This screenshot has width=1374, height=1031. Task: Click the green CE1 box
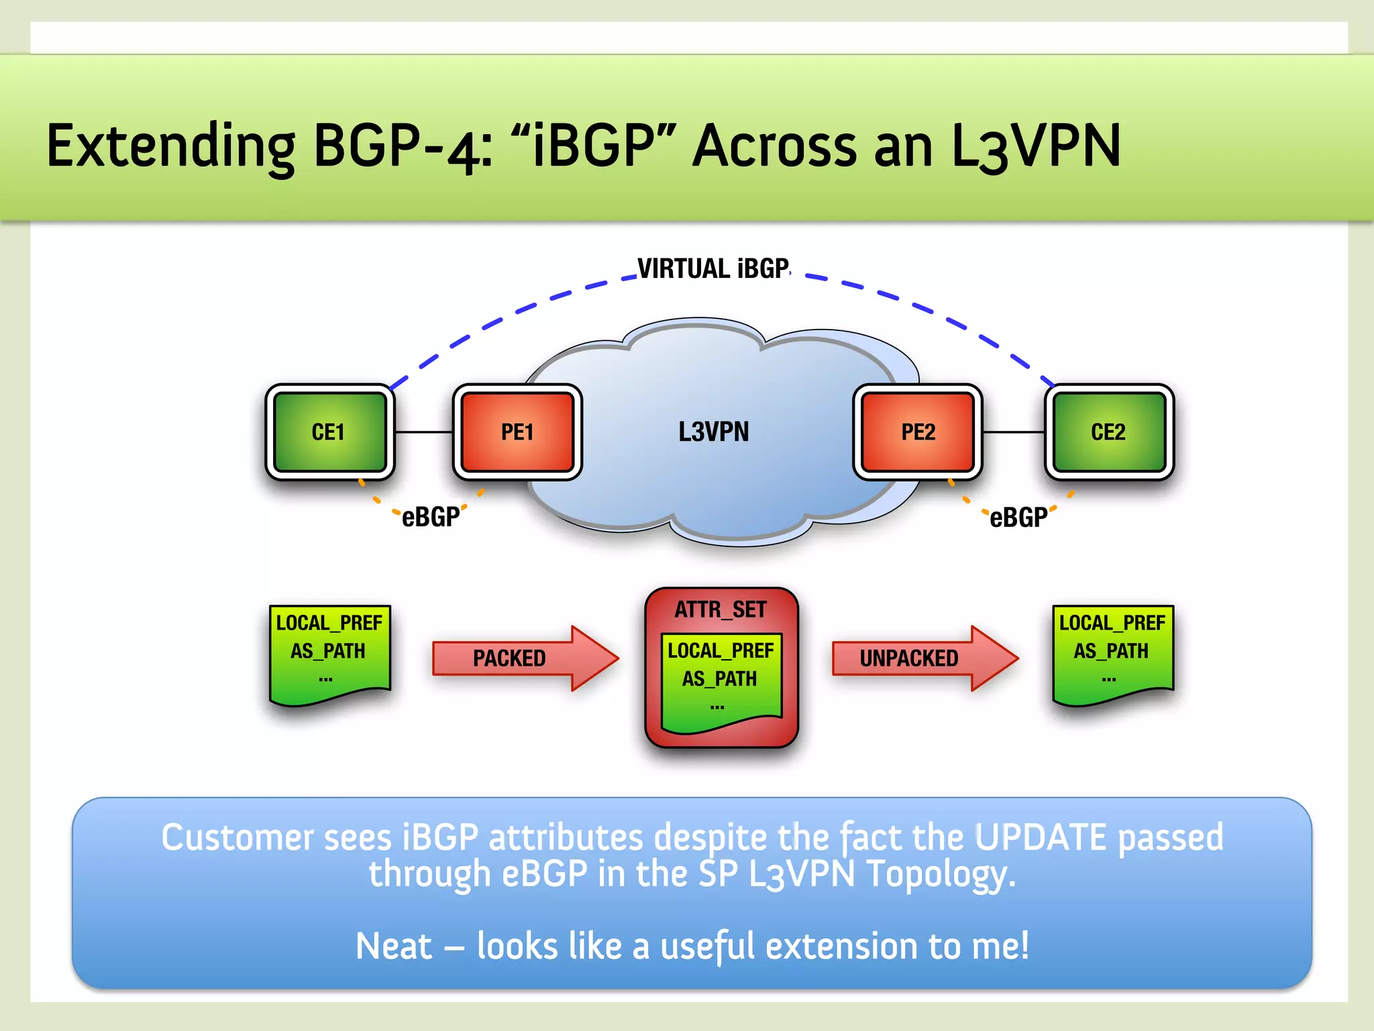tap(329, 432)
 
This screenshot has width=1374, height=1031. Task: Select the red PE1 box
tap(517, 432)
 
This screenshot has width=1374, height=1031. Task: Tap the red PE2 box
tap(918, 432)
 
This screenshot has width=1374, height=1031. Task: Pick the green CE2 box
tap(1108, 432)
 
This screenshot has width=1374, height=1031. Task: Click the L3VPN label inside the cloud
tap(713, 432)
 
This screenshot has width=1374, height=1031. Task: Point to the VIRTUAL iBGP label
tap(713, 268)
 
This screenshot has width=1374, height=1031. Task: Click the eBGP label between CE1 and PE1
tap(430, 517)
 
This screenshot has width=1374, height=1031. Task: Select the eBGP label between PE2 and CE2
tap(1018, 518)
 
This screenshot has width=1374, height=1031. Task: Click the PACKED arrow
tap(517, 658)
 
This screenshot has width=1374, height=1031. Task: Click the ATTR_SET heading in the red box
tap(721, 609)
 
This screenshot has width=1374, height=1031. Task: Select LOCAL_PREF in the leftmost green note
tap(329, 623)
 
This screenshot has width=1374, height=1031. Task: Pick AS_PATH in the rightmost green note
tap(1111, 651)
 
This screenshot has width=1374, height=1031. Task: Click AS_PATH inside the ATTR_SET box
tap(720, 679)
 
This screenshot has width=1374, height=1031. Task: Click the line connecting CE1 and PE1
tap(424, 432)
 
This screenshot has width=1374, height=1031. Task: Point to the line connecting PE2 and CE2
tap(1013, 432)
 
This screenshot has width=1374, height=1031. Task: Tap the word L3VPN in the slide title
tap(1036, 146)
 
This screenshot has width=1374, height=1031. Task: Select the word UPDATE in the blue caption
tap(1040, 837)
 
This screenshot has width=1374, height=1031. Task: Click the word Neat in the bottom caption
tap(394, 946)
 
